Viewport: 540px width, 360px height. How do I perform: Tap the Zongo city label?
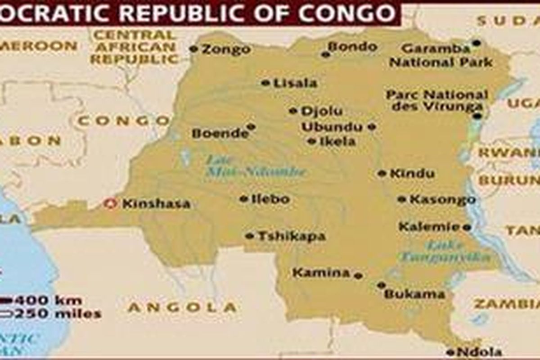pos(226,49)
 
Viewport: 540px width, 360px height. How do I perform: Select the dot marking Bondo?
pos(325,54)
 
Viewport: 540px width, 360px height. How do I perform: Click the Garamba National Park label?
pos(441,55)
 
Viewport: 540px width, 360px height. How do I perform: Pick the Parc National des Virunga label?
pos(436,100)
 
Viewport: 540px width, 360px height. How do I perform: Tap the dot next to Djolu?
pos(293,111)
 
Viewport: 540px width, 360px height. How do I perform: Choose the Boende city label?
pos(220,133)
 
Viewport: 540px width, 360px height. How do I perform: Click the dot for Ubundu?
pos(371,127)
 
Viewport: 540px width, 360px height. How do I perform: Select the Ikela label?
pos(337,141)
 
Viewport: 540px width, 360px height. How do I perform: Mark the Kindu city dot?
pos(382,173)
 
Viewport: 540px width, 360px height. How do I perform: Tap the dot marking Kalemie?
pos(467,228)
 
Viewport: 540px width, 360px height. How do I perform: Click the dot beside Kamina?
pos(358,275)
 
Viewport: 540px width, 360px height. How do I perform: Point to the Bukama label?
pos(414,295)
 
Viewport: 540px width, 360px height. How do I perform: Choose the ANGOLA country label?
pos(182,307)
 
